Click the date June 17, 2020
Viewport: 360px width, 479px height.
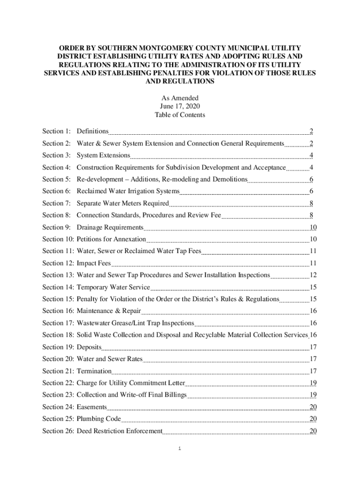coord(180,106)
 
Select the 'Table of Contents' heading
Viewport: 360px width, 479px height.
coord(180,115)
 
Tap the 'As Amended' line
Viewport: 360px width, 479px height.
coord(180,98)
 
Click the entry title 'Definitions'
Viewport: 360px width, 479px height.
coord(93,131)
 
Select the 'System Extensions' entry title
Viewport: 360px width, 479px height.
coord(103,155)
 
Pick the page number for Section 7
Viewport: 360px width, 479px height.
coord(311,203)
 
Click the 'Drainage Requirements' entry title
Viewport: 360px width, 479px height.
coord(110,227)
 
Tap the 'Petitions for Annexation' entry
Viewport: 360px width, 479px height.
coord(111,239)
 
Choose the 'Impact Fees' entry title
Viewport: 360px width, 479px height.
coord(94,263)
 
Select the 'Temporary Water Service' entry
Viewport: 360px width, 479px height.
coord(113,287)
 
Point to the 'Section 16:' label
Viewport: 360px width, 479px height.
coord(58,311)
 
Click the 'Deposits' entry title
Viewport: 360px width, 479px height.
coord(89,347)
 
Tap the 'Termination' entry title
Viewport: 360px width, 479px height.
coord(94,371)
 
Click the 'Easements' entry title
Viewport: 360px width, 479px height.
coord(92,407)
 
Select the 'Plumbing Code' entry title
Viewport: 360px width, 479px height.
coord(99,419)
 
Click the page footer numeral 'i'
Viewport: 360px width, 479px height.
coord(180,449)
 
